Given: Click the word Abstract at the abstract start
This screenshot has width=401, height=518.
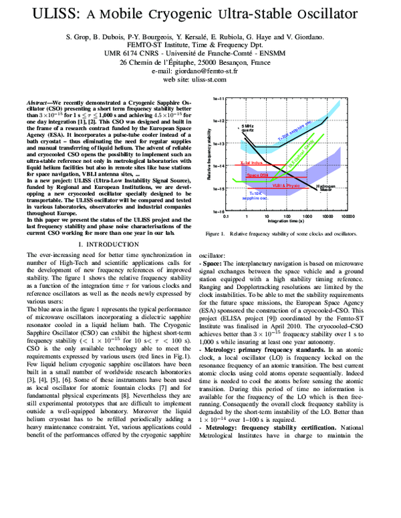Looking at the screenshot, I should point(40,104).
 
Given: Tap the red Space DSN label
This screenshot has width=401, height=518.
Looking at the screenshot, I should point(257,174).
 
